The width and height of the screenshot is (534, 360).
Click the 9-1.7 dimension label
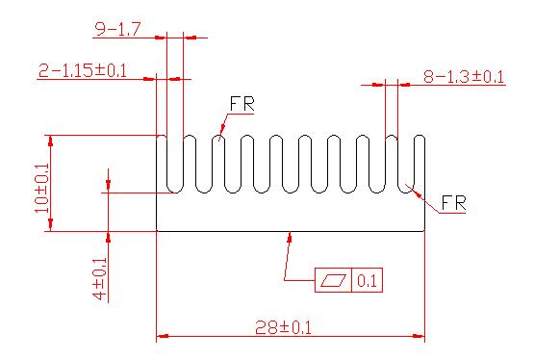coord(117,29)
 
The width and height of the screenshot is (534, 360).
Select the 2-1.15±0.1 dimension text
coord(83,70)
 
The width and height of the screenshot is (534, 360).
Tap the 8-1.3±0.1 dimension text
coord(464,77)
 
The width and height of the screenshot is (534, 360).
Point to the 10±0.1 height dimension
coord(42,188)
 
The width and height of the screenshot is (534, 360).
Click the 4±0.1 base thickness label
coord(100,278)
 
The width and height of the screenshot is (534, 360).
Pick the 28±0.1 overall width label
coord(283,327)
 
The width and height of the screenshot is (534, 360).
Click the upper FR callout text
coord(242,104)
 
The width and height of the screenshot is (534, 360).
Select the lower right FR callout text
coord(453,203)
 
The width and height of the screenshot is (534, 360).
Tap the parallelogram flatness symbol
coord(334,280)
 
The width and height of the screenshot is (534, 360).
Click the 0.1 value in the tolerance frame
coord(368,281)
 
